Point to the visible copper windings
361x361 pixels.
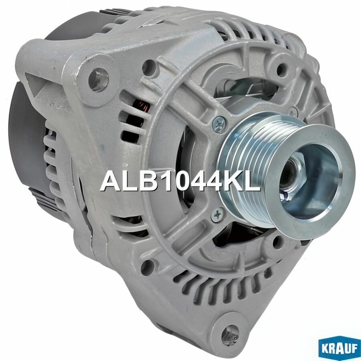click(x=142, y=107)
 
